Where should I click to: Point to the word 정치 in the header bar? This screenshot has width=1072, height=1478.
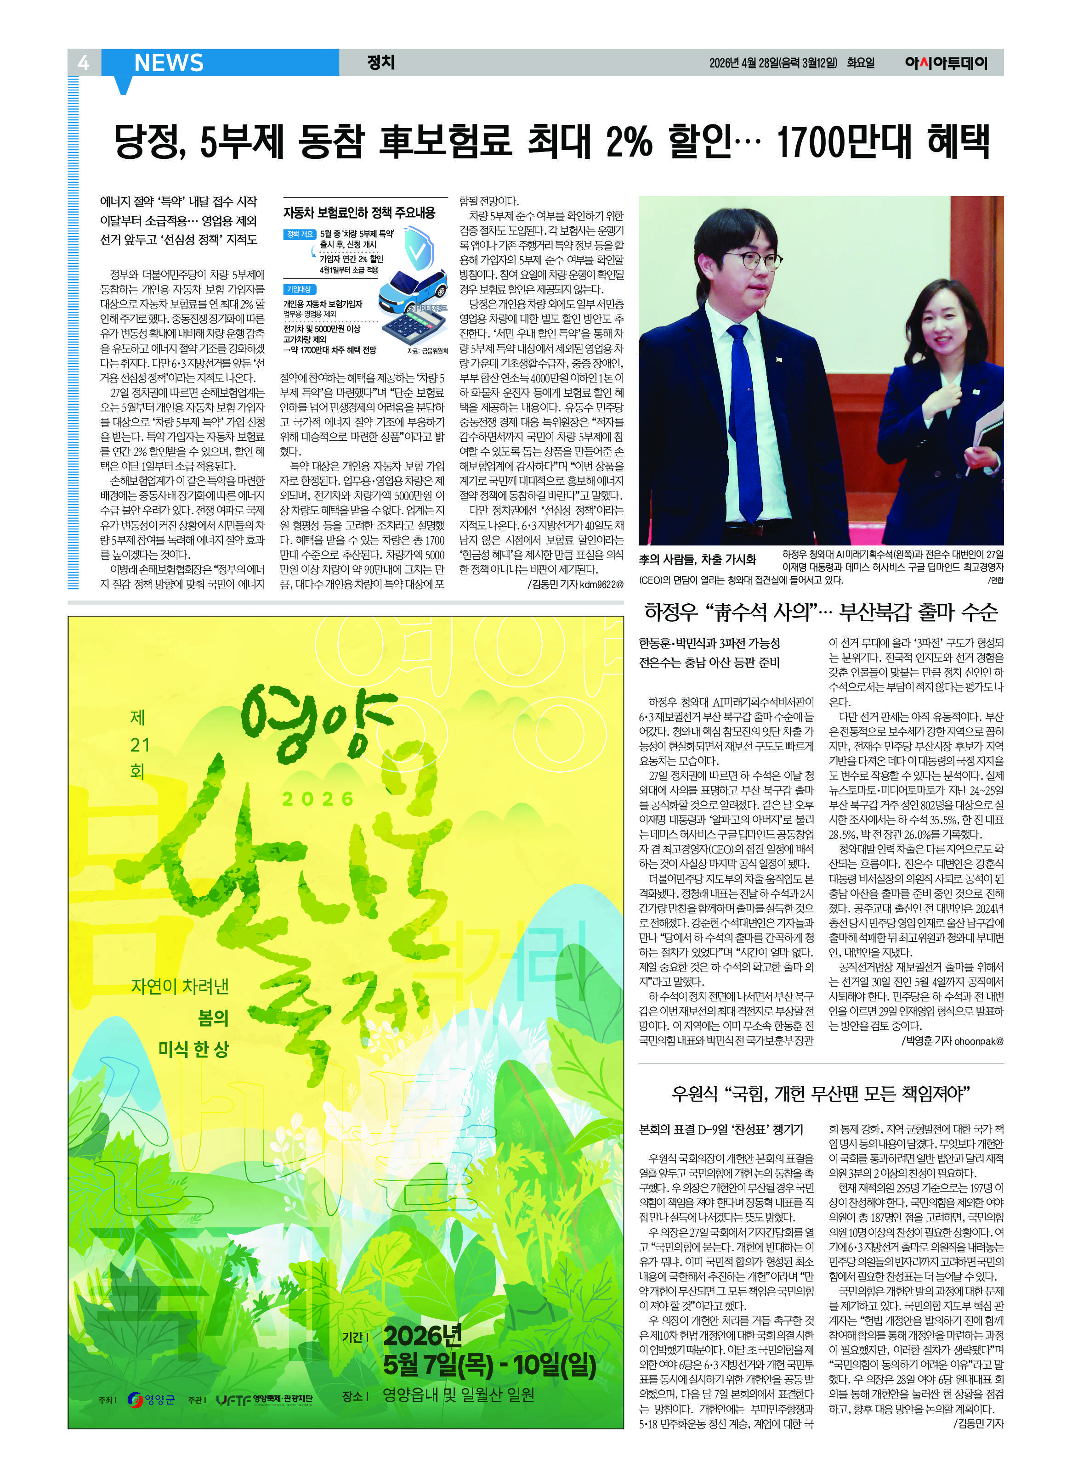coord(381,62)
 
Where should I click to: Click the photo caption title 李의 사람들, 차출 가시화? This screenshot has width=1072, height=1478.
coord(697,559)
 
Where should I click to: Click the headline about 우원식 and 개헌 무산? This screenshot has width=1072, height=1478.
coord(821,1093)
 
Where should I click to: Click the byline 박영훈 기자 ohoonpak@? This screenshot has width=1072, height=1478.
coord(953,1041)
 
